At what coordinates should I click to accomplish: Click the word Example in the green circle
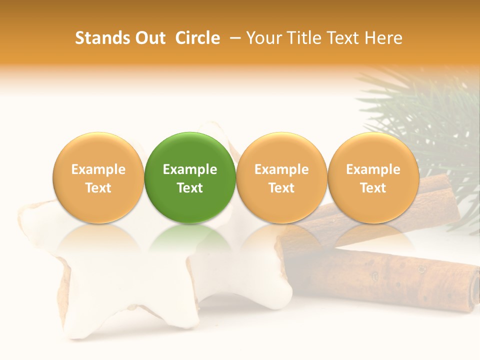[190, 169]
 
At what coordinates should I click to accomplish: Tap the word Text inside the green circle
[190, 188]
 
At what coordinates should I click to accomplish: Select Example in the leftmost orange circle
[98, 169]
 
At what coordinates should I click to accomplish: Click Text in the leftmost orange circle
[98, 188]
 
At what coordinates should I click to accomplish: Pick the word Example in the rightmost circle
[373, 169]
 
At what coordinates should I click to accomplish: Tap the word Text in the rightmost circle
[373, 188]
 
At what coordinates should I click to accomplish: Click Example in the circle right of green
[281, 169]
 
